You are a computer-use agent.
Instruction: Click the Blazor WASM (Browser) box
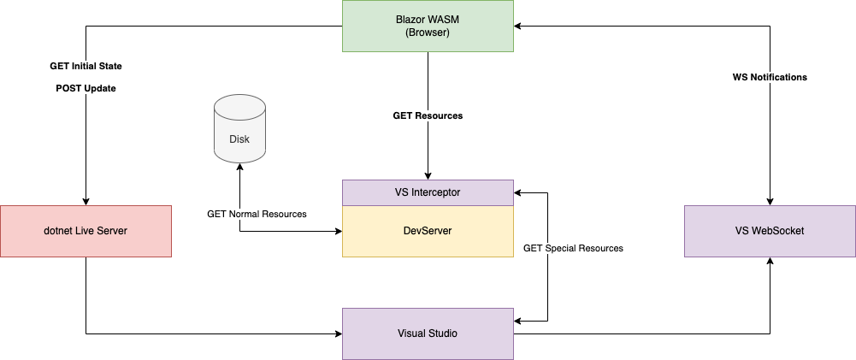428,26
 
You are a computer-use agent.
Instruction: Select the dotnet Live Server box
86,231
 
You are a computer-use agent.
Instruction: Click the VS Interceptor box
428,192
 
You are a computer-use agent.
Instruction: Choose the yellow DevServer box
428,231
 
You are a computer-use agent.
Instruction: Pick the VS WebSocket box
770,231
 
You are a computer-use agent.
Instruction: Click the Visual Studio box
428,333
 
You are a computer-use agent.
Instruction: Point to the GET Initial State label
86,66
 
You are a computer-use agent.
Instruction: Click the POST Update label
86,88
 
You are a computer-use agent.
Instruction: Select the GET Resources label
428,115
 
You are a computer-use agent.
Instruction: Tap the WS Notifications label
770,77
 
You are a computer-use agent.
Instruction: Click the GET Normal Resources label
257,214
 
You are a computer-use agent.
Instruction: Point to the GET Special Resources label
573,248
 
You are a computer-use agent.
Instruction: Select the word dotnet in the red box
60,231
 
